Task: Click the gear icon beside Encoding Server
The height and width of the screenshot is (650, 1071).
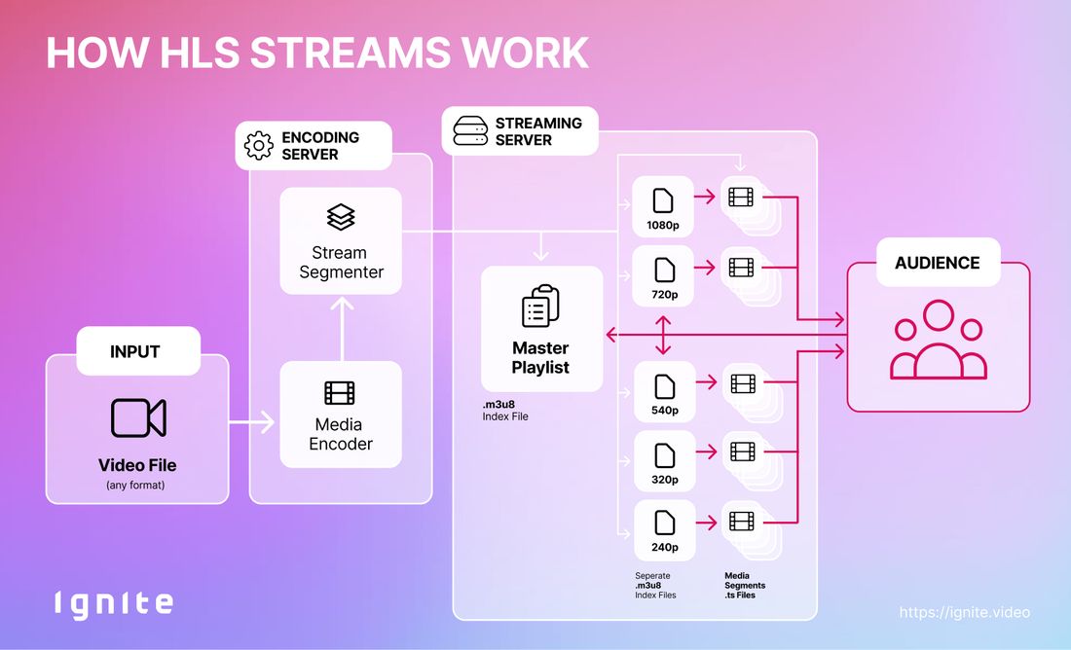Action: pos(259,146)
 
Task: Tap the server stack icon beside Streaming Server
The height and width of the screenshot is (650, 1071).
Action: pos(469,131)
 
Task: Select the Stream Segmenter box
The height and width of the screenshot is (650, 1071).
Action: pos(341,240)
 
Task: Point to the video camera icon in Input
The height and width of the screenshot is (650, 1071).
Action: pos(138,418)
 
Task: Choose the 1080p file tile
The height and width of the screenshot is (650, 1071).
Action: pos(663,207)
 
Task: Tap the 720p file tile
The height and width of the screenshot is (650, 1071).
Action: pos(663,275)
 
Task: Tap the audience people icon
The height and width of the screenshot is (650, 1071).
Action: pos(938,341)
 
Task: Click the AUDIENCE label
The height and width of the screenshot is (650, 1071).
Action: pos(938,263)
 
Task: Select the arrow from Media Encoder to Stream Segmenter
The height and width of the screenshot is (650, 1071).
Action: pos(341,326)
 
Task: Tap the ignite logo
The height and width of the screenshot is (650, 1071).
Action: pos(113,603)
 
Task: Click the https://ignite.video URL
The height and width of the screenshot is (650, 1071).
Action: pos(964,612)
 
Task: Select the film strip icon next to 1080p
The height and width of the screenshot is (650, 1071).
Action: pos(740,199)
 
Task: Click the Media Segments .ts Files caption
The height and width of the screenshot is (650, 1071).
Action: pos(745,585)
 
